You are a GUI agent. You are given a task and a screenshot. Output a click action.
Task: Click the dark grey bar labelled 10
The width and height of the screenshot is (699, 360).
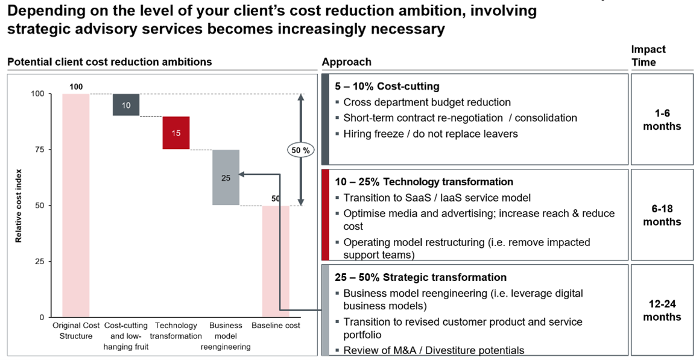[126, 104]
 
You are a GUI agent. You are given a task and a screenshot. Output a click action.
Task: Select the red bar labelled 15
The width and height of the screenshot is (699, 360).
[176, 133]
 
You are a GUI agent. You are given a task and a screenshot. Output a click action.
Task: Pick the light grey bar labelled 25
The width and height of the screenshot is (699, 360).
[226, 177]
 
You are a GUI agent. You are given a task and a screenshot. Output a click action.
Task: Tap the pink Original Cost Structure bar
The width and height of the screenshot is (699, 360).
[76, 205]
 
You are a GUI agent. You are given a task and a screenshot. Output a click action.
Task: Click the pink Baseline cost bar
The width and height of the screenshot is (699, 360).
[276, 261]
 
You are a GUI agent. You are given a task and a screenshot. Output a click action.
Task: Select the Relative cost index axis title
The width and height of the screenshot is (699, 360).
[19, 205]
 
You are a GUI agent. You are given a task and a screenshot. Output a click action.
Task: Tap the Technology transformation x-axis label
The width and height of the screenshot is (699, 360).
[176, 331]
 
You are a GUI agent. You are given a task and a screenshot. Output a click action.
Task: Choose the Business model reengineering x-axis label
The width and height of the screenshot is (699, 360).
[226, 336]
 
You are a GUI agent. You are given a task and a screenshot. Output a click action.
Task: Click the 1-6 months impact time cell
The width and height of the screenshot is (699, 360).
[662, 120]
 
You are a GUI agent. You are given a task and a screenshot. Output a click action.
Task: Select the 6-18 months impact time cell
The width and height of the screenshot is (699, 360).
[662, 215]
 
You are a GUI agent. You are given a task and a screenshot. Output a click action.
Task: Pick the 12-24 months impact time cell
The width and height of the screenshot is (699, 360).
[662, 311]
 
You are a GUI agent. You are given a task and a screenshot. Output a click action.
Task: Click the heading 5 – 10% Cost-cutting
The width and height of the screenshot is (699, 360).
[387, 86]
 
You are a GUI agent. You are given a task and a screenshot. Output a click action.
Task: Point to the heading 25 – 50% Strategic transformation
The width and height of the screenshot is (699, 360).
[421, 277]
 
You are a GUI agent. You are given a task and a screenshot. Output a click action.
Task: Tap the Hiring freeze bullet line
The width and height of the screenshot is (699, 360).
[430, 134]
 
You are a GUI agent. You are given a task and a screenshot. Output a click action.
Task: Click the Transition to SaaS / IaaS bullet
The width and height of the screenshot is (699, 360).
[437, 198]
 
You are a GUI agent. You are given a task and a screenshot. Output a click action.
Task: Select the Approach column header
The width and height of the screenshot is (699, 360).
[346, 62]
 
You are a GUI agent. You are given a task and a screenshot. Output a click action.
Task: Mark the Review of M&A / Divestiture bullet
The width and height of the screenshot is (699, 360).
[434, 350]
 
